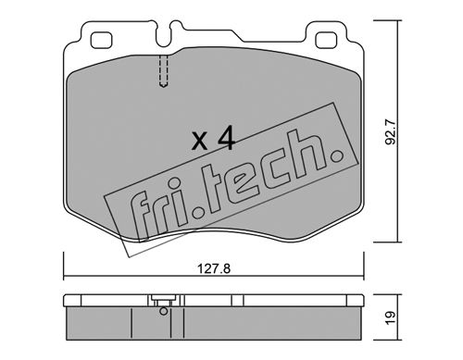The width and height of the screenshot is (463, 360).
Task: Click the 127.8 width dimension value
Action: (214, 269)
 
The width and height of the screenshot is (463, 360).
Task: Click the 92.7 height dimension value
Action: (391, 132)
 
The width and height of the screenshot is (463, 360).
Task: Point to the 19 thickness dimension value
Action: (390, 317)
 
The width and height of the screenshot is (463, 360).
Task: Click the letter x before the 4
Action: (200, 142)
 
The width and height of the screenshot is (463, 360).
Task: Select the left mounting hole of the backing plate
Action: (101, 41)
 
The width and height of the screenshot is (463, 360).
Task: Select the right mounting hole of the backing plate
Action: (326, 41)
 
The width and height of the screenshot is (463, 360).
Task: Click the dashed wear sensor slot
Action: (164, 71)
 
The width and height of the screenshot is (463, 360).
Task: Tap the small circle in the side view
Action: (164, 311)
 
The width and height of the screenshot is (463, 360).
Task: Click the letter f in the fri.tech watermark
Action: (143, 216)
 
